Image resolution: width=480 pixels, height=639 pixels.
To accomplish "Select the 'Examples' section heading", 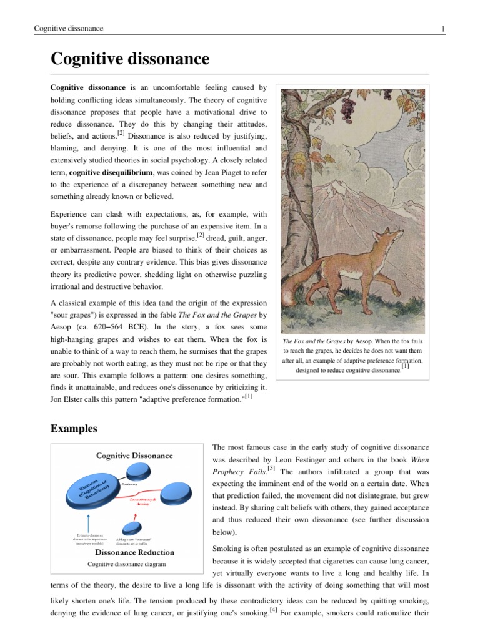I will click(x=74, y=429).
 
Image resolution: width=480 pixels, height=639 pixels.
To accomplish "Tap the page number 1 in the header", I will click(x=442, y=29).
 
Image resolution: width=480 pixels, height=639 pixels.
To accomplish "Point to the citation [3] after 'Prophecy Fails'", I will click(x=271, y=468).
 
